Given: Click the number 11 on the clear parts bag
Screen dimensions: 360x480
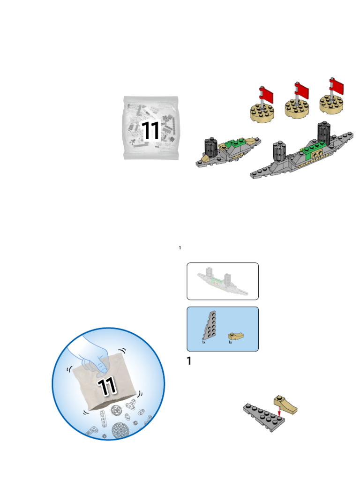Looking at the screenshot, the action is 150,130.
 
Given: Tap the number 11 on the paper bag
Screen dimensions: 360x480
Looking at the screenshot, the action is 106,386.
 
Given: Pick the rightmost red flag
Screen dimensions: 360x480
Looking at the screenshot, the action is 337,86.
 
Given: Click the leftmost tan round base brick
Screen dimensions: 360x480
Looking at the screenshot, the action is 262,112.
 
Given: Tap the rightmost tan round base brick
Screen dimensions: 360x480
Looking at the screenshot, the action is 331,104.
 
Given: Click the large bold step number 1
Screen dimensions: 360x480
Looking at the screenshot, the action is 189,361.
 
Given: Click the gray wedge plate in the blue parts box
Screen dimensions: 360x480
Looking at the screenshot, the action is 210,325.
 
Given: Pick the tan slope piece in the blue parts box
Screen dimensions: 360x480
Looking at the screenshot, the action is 236,337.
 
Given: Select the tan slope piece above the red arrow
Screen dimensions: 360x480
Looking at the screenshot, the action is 285,405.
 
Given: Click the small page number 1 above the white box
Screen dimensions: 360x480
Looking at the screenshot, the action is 180,247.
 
